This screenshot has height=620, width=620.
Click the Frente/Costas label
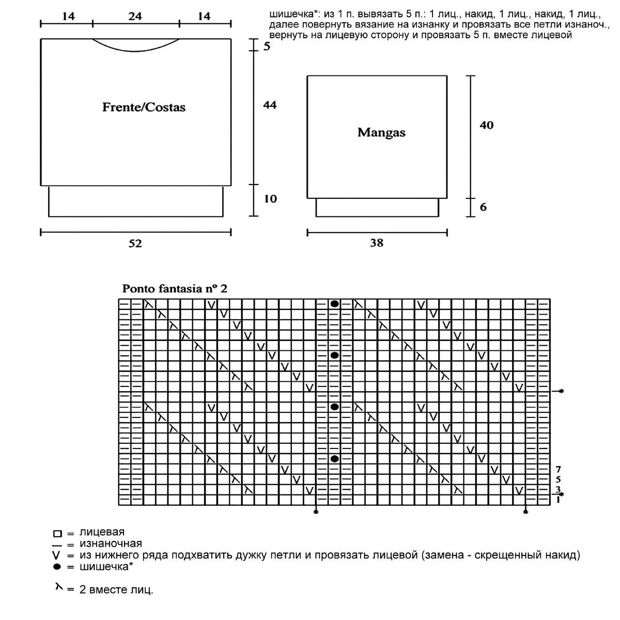144,107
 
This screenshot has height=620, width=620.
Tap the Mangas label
381,133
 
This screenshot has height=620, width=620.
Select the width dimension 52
135,243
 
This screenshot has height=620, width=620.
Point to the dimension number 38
377,243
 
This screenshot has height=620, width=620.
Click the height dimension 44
270,105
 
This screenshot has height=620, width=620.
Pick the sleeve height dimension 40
486,125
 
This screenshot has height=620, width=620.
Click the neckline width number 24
135,17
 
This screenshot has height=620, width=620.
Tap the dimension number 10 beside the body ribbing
270,199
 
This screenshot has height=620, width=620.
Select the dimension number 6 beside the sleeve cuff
483,207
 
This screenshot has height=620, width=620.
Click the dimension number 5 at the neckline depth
267,47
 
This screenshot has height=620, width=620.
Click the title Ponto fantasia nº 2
175,289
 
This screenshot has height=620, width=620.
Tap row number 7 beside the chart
559,470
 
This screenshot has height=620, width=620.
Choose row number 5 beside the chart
559,479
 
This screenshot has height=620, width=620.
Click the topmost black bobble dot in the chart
335,304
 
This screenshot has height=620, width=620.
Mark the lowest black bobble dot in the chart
335,459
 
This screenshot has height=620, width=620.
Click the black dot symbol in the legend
57,567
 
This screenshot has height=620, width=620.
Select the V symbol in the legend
57,556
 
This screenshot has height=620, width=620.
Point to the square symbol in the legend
57,533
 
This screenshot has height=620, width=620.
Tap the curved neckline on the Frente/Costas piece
135,52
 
